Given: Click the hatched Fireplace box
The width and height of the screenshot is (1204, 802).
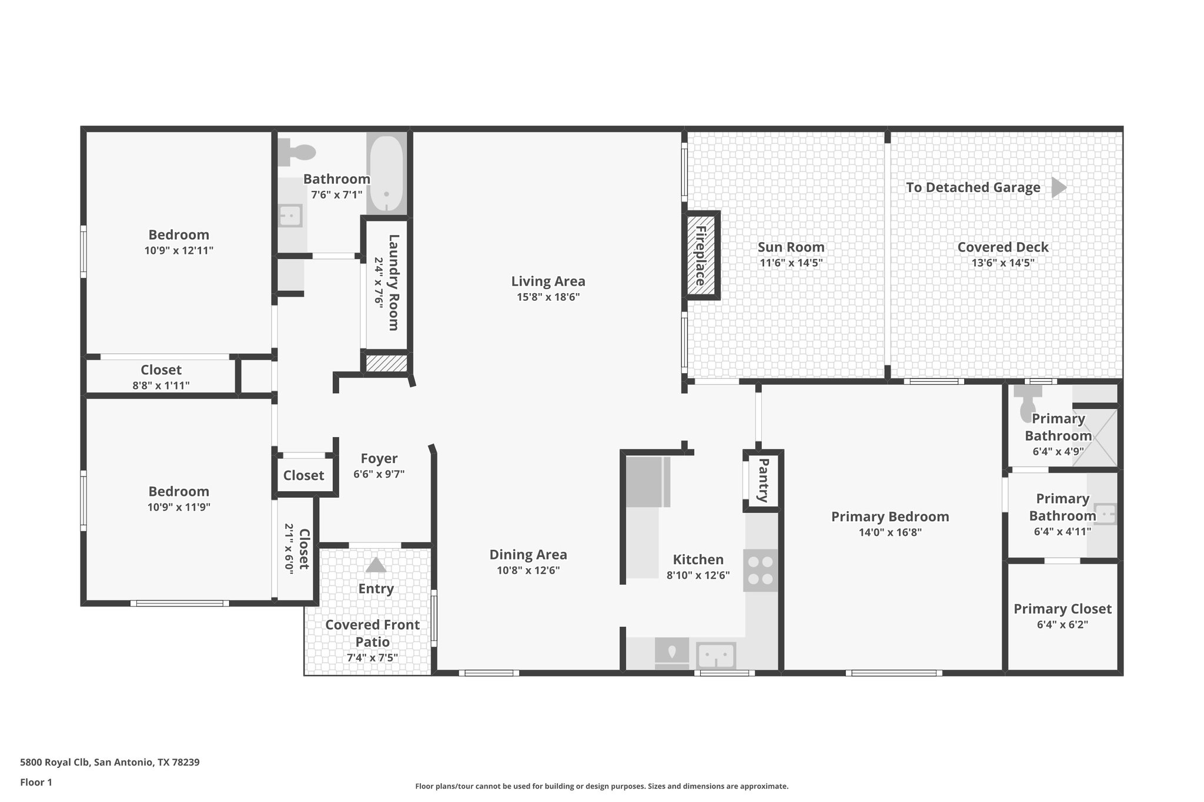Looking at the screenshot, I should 701,256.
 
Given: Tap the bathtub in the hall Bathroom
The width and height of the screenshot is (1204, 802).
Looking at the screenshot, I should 386,173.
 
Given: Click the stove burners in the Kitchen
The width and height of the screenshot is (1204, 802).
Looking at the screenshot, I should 761,570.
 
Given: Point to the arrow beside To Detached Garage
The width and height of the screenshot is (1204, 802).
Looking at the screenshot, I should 1058,187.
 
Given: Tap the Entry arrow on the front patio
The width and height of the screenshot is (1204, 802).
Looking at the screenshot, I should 376,565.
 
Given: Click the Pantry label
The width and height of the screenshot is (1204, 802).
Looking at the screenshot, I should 763,481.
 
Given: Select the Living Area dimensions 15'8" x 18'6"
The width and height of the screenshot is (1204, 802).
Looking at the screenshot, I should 548,297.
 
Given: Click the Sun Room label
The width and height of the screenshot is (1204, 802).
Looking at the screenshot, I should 791,247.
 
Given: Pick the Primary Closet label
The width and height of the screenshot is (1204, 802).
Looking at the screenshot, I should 1062,609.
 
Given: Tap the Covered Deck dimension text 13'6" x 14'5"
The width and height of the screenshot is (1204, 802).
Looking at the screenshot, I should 1003,263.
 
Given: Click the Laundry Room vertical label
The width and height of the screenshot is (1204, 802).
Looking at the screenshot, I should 393,282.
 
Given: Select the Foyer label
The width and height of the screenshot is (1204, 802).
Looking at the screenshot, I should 379,458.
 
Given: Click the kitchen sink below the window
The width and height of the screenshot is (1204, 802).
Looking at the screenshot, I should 716,656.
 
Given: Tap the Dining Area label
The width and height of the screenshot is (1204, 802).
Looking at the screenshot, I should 528,555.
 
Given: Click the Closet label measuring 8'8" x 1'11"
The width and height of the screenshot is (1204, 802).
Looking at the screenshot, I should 161,370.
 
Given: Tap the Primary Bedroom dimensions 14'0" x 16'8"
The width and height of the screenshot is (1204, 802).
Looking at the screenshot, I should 889,532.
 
